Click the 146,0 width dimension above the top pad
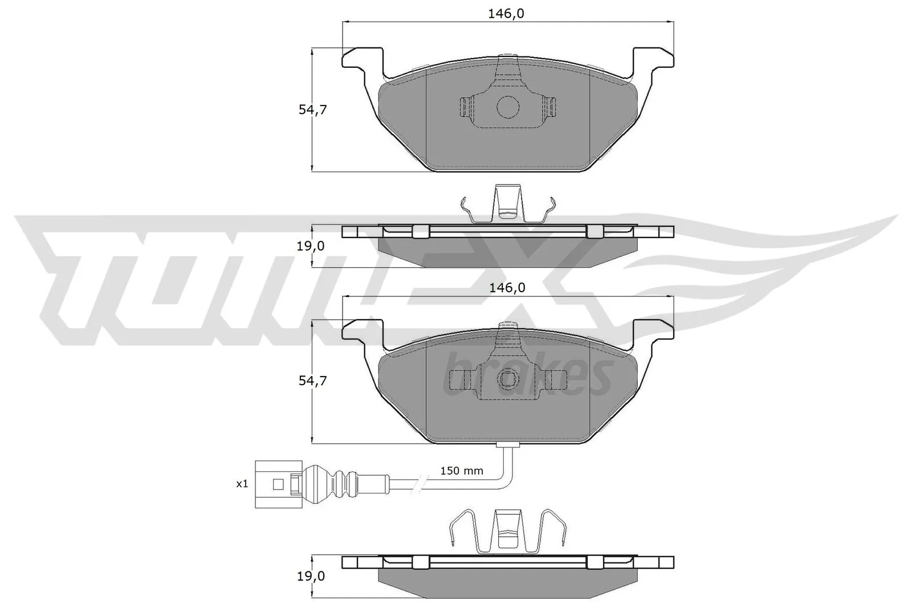[x=506, y=14]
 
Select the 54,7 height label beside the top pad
[x=312, y=110]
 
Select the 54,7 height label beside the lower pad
[x=312, y=381]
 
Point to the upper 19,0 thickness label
[x=311, y=246]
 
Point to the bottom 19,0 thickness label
[x=311, y=576]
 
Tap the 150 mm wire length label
[x=462, y=471]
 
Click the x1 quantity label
[x=242, y=484]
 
